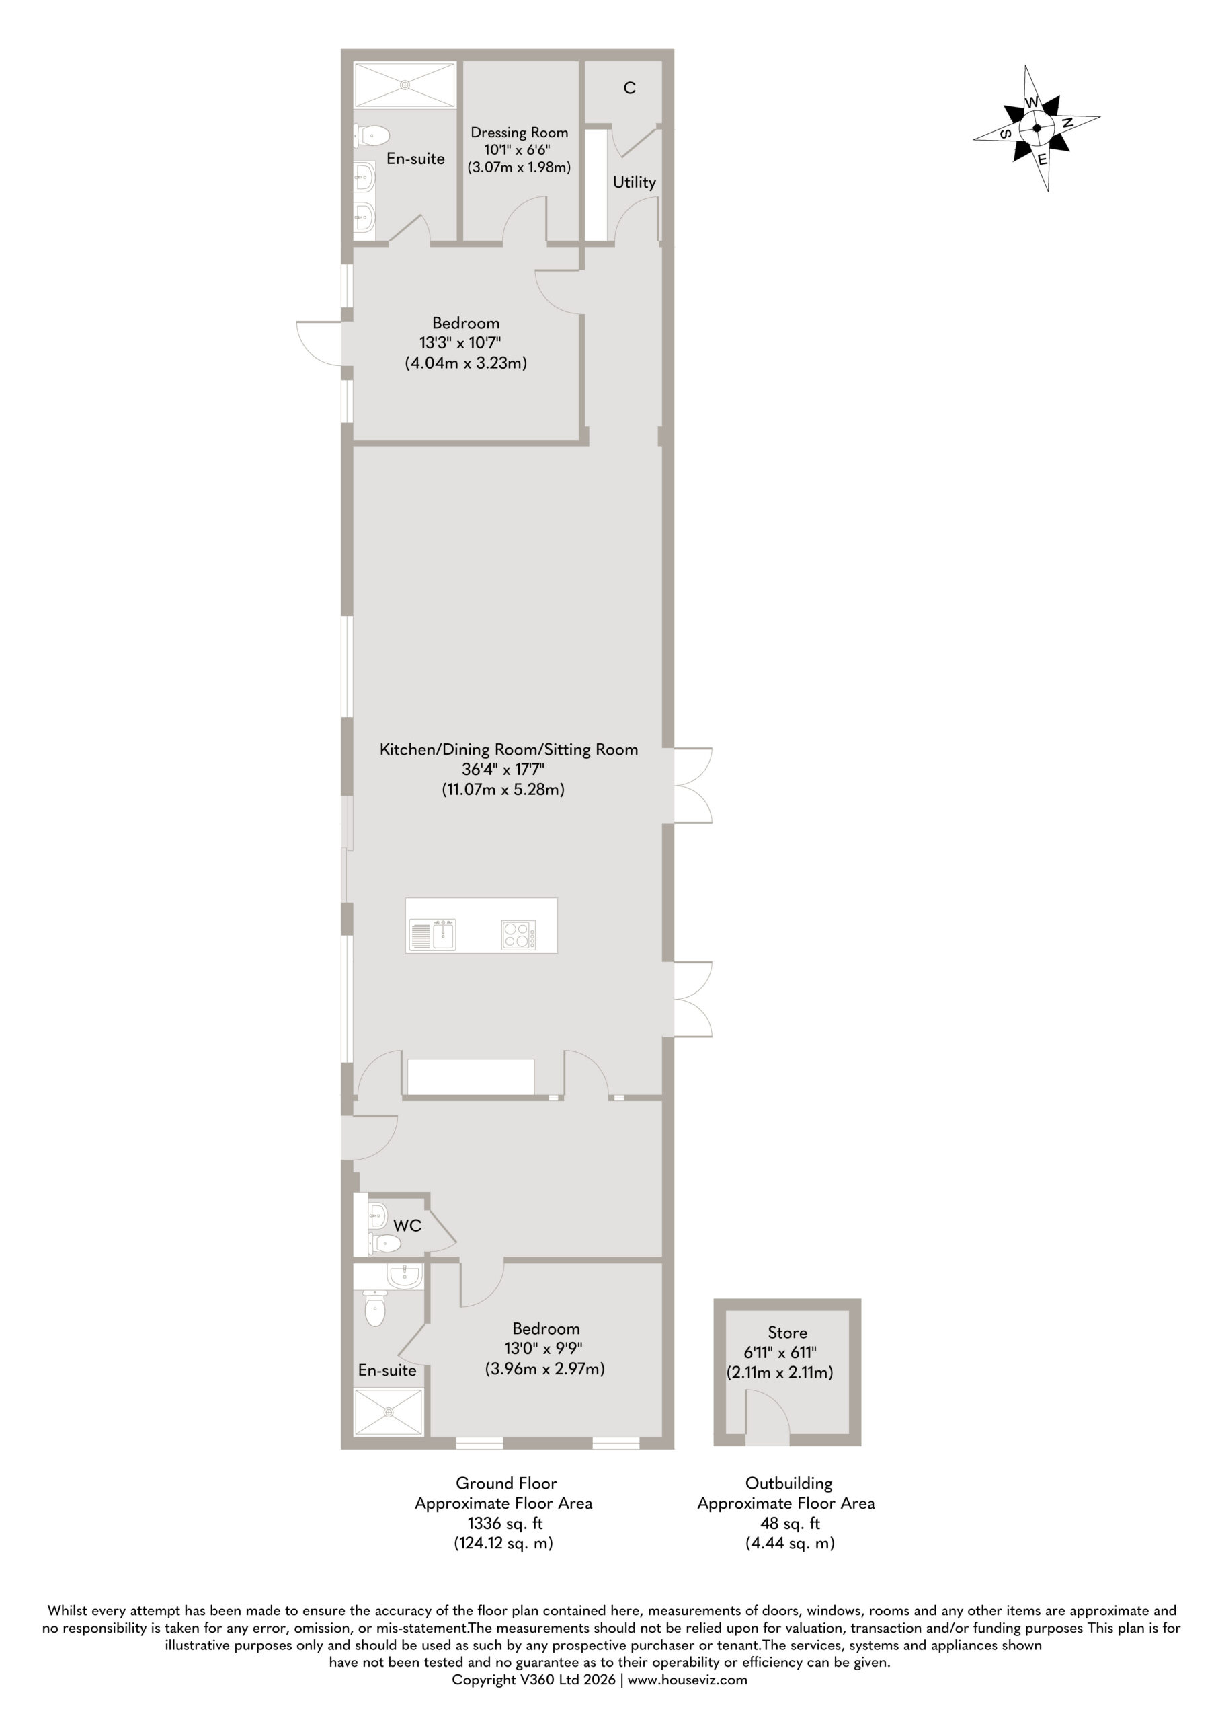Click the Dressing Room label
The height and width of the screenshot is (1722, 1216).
tap(519, 133)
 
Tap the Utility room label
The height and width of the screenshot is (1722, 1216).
tap(635, 182)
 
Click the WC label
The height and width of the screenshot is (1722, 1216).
tap(407, 1226)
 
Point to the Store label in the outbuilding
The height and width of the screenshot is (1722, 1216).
tap(787, 1333)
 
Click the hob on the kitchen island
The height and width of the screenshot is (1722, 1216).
tap(518, 934)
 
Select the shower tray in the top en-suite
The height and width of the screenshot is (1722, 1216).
tap(404, 85)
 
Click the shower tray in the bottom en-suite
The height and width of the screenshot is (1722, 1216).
tap(389, 1413)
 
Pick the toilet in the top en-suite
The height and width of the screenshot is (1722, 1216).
tap(372, 136)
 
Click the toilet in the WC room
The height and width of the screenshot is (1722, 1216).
tap(384, 1243)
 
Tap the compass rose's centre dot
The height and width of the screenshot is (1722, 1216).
tap(1037, 128)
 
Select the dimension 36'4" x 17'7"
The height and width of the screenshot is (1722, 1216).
tap(503, 769)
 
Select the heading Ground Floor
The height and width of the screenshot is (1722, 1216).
tap(506, 1483)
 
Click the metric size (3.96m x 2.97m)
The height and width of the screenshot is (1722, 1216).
tap(545, 1369)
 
